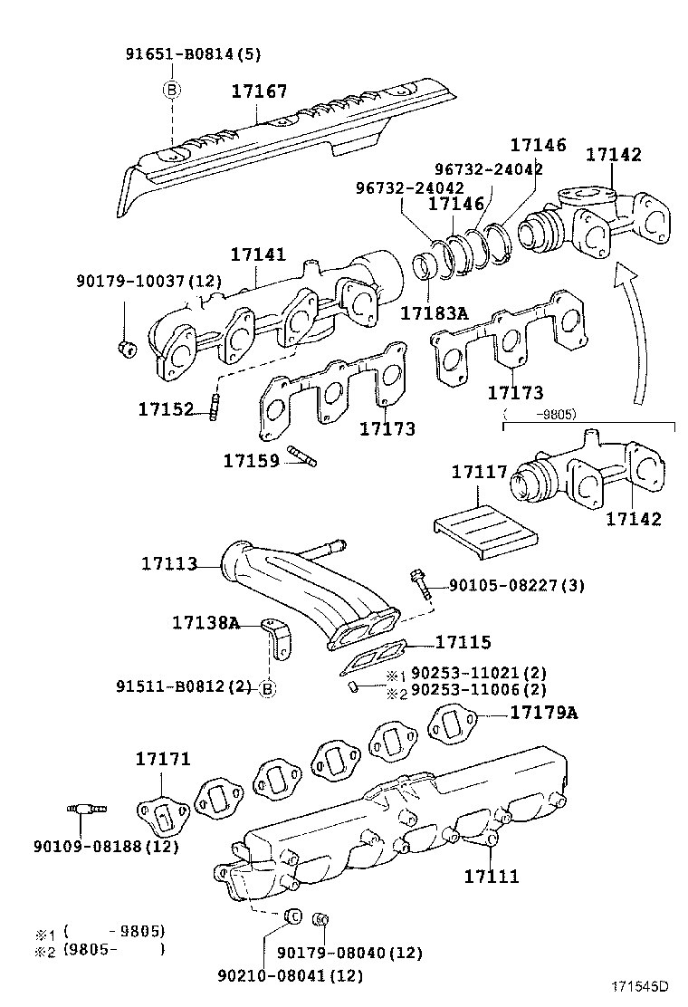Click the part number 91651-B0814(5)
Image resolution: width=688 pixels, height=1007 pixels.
[193, 53]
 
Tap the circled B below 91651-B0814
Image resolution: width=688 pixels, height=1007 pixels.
[171, 89]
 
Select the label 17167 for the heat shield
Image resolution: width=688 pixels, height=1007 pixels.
[259, 91]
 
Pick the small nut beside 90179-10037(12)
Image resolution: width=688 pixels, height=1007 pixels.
[127, 346]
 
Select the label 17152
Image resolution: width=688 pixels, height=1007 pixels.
[166, 409]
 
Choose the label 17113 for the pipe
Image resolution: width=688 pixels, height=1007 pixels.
[168, 563]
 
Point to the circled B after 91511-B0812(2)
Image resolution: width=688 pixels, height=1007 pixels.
[267, 688]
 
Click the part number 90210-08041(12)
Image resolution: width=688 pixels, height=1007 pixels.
[290, 974]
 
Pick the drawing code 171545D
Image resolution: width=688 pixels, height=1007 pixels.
[637, 986]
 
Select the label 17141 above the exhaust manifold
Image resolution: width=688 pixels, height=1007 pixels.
[257, 256]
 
